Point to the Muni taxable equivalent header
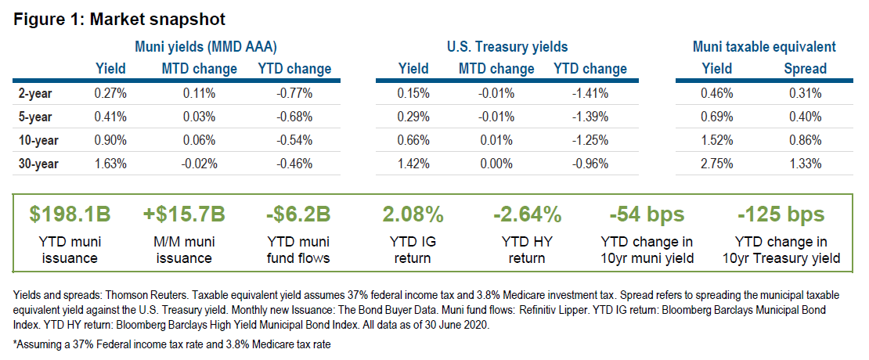pos(764,47)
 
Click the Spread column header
pos(805,69)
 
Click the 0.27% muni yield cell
pos(110,93)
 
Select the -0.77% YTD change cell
pos(294,93)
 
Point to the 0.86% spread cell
pos(805,142)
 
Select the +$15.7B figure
pos(184,214)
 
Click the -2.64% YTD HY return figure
pos(526,214)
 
